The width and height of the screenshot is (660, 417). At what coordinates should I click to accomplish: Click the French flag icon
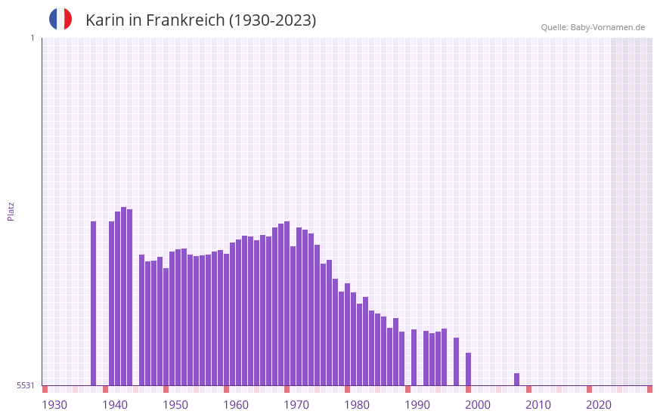tap(60, 19)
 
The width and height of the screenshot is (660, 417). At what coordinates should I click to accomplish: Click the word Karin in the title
tap(105, 20)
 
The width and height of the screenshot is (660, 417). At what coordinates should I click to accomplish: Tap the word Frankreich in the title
tap(184, 20)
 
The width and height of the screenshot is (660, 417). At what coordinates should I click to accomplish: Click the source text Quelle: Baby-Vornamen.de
tap(593, 27)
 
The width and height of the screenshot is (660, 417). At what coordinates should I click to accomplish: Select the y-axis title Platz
tap(11, 211)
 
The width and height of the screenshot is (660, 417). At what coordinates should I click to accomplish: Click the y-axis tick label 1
tap(32, 38)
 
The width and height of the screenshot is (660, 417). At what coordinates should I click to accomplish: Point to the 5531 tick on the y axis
tap(26, 385)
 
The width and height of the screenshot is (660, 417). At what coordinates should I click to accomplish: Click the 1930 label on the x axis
tap(54, 405)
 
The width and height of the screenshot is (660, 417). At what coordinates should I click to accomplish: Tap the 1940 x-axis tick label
tap(115, 405)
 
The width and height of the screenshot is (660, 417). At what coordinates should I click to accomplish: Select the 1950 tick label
tap(175, 405)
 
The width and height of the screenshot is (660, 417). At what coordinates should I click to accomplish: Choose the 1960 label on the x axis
tap(236, 405)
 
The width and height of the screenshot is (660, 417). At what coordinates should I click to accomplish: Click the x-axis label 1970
tap(296, 405)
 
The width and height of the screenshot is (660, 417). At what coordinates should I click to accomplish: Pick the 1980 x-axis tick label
tap(357, 405)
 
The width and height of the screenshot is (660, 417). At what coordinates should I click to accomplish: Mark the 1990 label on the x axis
tap(417, 405)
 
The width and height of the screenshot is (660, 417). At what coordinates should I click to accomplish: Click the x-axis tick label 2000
tap(478, 405)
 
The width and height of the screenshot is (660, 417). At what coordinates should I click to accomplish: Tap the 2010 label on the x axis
tap(538, 405)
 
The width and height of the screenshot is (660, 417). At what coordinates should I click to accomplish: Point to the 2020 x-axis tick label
tap(599, 405)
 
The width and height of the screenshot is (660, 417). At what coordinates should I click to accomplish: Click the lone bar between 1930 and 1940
tap(94, 302)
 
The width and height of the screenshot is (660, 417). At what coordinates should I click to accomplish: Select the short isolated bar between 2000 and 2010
tap(517, 379)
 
